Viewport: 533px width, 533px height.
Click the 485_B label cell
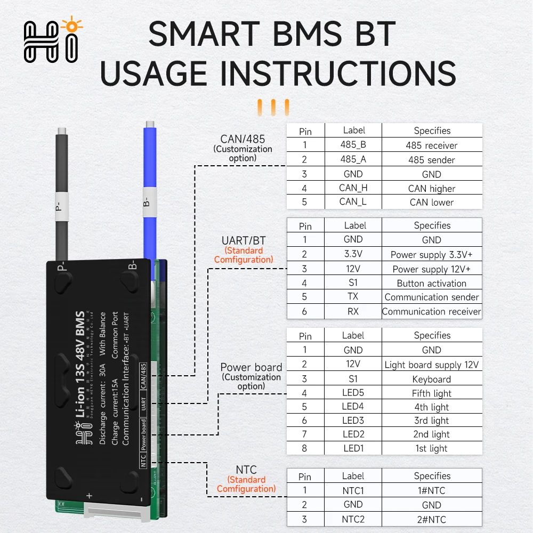coord(353,145)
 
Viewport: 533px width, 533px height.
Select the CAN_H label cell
coord(353,188)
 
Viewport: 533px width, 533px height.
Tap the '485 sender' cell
coord(432,159)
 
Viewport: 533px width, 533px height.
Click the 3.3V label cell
coord(353,254)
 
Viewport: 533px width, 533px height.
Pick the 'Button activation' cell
coord(432,283)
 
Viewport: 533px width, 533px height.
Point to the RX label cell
coord(353,311)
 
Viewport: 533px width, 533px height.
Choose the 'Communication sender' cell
coord(432,297)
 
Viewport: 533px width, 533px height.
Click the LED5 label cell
coord(353,393)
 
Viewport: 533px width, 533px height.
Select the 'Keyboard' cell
coord(432,379)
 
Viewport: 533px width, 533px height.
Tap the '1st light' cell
coord(432,448)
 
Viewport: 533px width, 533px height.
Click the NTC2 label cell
coord(353,519)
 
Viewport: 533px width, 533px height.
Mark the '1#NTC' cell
coord(432,490)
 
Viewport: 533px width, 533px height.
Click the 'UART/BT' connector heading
coord(243,241)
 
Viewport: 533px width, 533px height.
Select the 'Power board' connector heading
coord(251,367)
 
